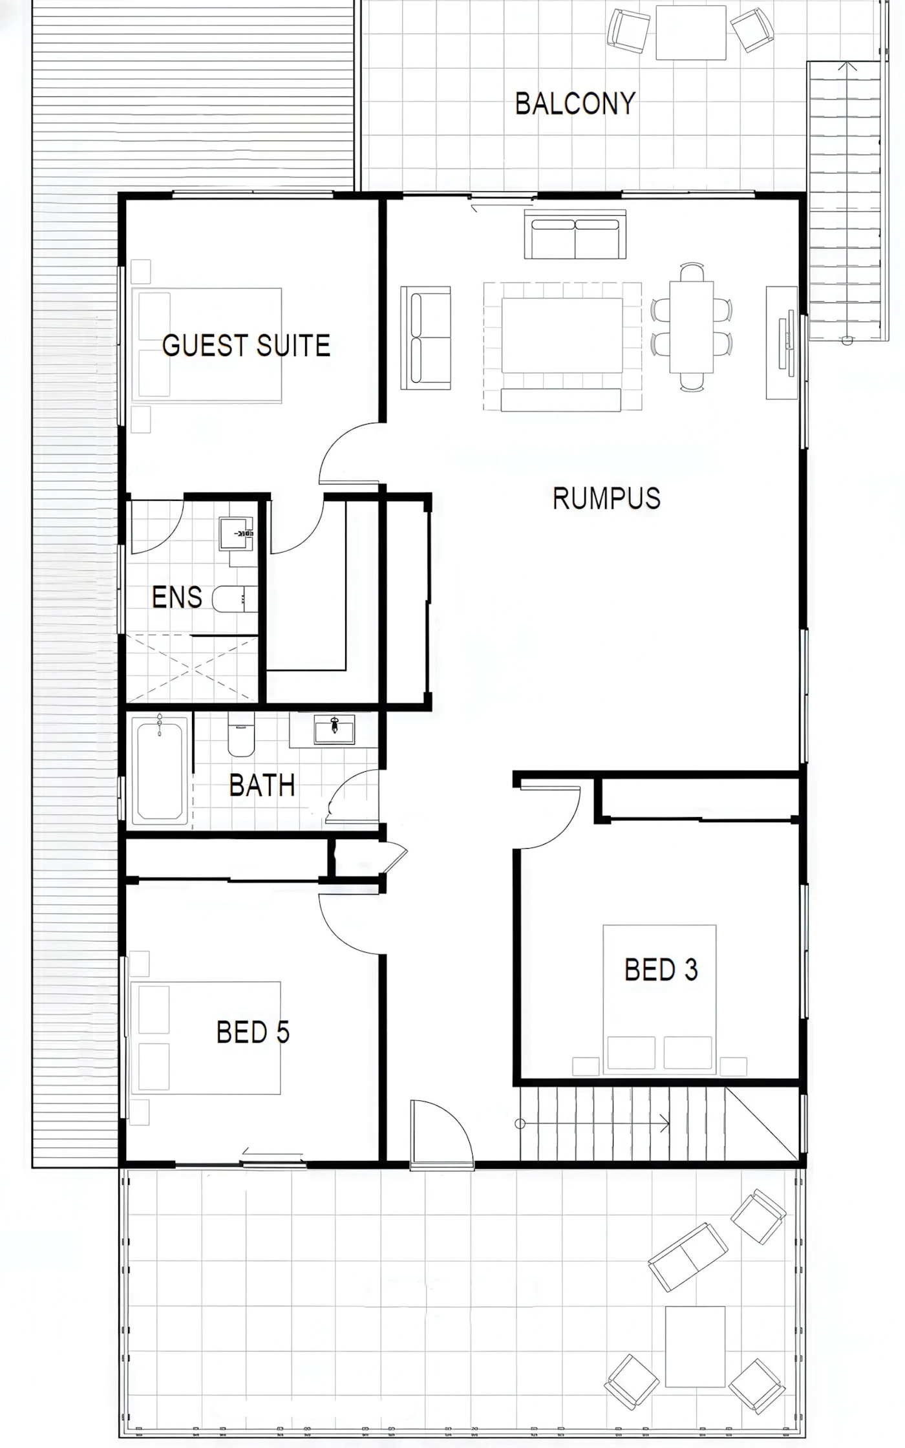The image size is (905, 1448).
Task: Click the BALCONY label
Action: pos(575,103)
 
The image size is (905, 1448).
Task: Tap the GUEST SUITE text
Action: pos(246,345)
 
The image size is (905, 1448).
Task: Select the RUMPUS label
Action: pos(606,498)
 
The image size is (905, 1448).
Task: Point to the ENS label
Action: pos(176,597)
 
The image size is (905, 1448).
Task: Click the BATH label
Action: pos(262,785)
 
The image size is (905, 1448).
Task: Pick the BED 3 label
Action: pos(661,970)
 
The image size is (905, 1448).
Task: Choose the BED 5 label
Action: pos(253,1032)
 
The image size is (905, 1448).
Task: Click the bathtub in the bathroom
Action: pos(160,771)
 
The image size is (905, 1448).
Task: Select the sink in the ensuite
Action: pos(237,533)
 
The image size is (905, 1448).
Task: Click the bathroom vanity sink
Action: pos(334,730)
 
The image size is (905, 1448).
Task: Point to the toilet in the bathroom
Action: pos(241,734)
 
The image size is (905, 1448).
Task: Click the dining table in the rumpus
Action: pos(692,326)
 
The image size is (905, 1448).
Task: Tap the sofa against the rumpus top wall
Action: pos(575,234)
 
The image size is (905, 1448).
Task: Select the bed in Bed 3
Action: pos(659,999)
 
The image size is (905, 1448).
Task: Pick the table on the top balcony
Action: pos(691,32)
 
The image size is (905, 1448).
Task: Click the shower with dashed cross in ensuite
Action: pos(192,670)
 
